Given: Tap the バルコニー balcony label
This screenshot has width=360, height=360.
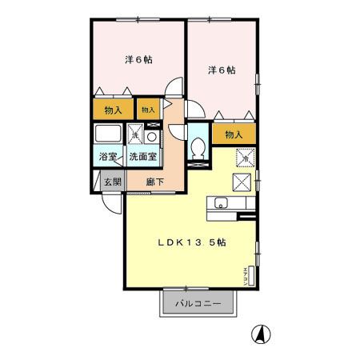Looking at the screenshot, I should click(x=198, y=303).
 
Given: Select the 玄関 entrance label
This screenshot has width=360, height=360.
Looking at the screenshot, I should click(x=111, y=182).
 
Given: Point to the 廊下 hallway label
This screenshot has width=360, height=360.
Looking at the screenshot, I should click(x=155, y=182).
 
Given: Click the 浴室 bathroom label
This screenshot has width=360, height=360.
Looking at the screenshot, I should click(x=108, y=158).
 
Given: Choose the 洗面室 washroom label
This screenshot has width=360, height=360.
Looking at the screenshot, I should click(x=143, y=158).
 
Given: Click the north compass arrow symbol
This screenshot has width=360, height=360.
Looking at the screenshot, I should click(x=260, y=333).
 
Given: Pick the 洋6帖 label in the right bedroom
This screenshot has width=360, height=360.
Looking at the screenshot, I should click(x=222, y=70).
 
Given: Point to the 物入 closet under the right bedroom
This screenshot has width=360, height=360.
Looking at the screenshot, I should click(x=234, y=135).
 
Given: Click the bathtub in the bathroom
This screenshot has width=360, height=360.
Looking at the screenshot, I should click(x=107, y=133).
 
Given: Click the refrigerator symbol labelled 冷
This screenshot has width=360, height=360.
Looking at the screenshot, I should click(x=243, y=157).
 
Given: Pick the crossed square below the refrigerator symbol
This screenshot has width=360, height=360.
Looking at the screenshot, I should click(x=243, y=181).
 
